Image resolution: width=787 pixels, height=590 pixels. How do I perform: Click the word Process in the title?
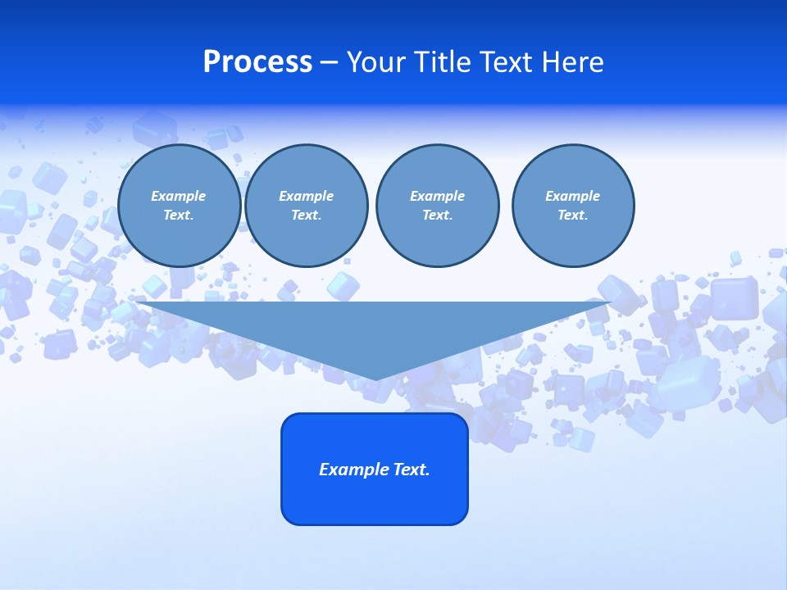(x=257, y=62)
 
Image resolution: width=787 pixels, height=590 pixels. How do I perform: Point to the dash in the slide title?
(x=329, y=63)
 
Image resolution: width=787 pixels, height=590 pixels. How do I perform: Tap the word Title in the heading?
(x=446, y=62)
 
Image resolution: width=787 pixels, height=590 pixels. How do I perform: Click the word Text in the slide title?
(x=516, y=62)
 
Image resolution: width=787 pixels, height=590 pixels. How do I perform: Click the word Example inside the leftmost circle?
(x=179, y=196)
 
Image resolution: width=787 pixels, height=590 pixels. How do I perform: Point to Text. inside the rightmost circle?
(x=573, y=216)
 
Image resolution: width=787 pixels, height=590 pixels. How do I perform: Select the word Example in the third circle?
(x=437, y=196)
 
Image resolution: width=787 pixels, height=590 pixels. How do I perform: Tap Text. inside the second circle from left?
(x=306, y=216)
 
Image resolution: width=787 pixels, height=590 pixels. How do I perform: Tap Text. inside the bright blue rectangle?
(x=412, y=470)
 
